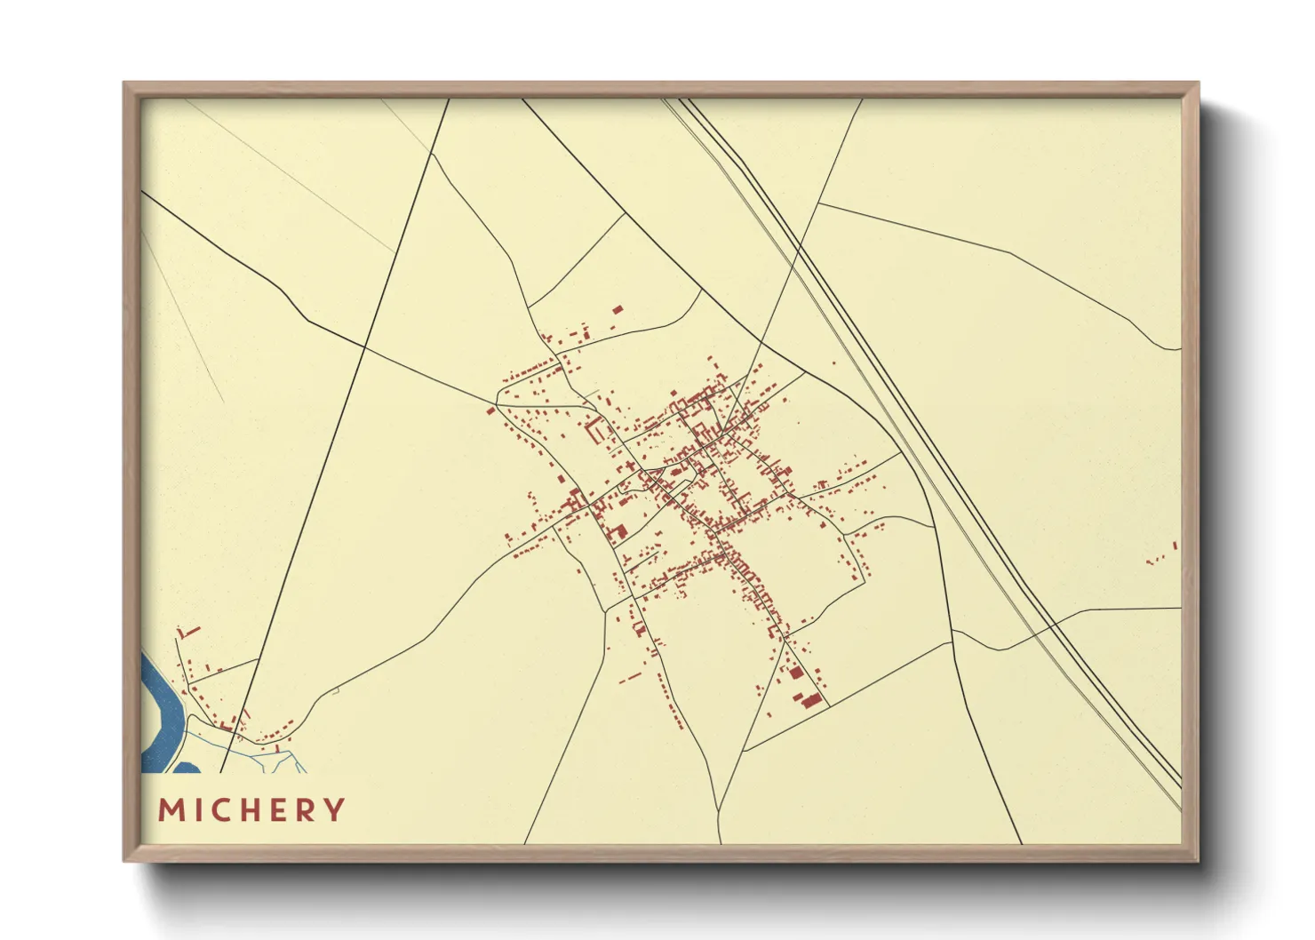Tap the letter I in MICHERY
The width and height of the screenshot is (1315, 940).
(x=196, y=810)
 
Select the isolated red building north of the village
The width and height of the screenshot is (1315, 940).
(x=618, y=309)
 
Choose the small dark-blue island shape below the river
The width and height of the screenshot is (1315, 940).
(x=185, y=767)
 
